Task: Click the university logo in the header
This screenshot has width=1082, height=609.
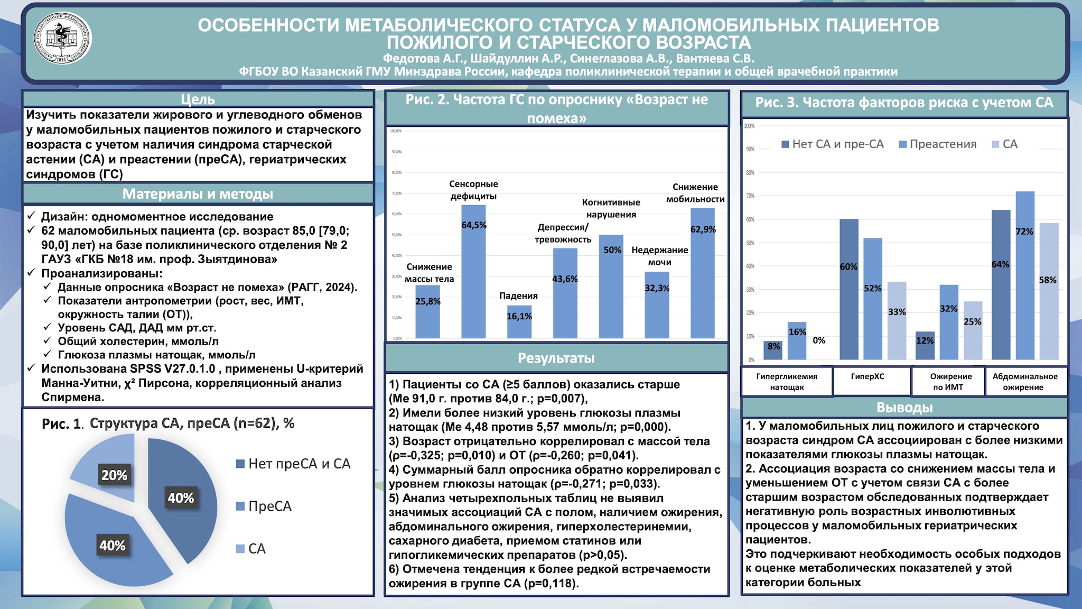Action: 62,39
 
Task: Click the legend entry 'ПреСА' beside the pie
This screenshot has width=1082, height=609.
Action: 269,506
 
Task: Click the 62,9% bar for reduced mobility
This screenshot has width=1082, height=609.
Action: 702,275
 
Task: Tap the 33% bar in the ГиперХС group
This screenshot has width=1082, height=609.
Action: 897,322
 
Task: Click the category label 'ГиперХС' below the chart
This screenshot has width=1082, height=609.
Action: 868,377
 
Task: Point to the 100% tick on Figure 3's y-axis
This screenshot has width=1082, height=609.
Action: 749,126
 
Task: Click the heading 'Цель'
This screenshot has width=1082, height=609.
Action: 198,99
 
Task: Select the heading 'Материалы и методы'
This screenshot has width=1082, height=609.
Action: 198,194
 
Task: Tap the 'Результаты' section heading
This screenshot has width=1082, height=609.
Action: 556,358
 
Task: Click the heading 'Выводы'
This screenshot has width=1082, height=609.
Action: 904,408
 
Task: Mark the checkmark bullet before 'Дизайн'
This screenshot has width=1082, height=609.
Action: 32,216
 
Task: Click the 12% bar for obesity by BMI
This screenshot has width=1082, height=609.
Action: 925,346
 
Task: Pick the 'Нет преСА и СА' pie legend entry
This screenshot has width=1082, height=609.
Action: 299,464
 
